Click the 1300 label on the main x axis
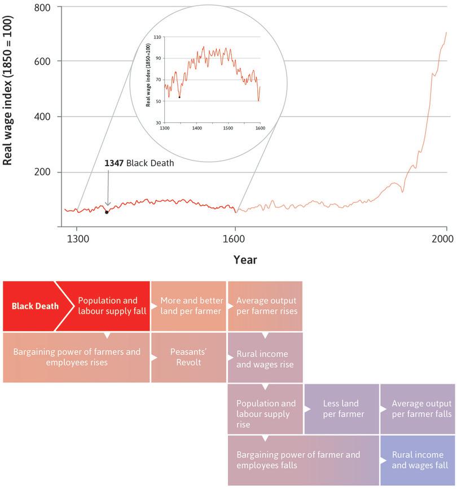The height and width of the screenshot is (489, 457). (77, 238)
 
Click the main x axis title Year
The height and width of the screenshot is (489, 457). (245, 260)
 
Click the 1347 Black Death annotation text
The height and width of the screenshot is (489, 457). (139, 163)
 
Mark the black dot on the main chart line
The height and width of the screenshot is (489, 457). (106, 212)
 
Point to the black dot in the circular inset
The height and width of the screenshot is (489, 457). (179, 97)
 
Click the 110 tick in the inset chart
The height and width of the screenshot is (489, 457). (157, 37)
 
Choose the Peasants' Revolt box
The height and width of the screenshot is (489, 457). (188, 358)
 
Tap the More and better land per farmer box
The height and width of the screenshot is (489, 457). (188, 306)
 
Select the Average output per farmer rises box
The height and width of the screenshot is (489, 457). (265, 306)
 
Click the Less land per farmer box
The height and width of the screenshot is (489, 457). (342, 409)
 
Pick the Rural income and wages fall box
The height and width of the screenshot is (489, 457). (418, 460)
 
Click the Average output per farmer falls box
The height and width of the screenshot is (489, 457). (418, 409)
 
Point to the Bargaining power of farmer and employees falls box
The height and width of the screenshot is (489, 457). (303, 460)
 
